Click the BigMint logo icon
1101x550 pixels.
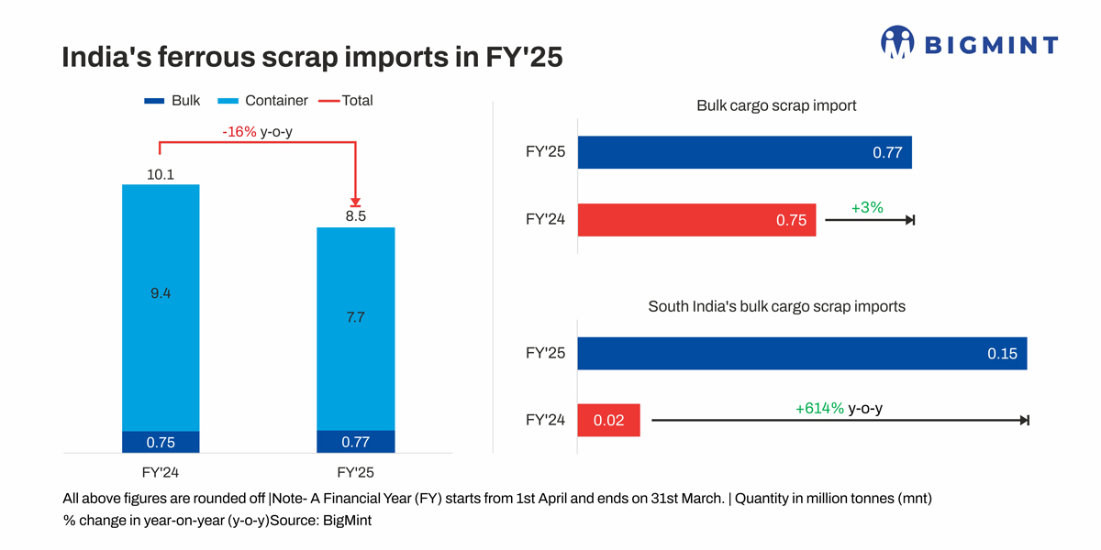point(897,42)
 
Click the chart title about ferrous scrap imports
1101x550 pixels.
point(311,58)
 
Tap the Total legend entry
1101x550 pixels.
point(346,101)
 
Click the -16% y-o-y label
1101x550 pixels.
point(257,132)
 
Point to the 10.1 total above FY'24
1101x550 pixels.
point(161,173)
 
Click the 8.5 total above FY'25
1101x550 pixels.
point(356,217)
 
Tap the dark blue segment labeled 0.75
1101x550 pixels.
point(161,442)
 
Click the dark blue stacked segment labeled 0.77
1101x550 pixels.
point(356,442)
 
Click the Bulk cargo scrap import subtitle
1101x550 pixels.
point(776,105)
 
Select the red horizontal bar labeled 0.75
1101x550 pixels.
point(696,220)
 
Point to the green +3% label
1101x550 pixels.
point(866,208)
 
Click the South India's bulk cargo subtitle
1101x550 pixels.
point(776,306)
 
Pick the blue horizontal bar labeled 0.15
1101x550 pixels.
point(802,354)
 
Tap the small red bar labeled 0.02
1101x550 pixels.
point(608,421)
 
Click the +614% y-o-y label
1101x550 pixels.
point(839,408)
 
